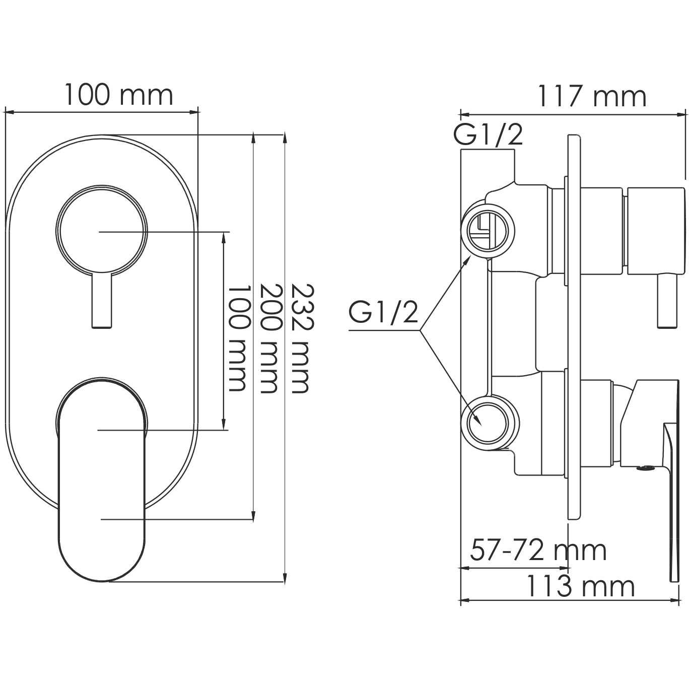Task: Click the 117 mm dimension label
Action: click(x=591, y=97)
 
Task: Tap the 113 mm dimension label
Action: click(x=580, y=586)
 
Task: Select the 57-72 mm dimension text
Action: click(x=538, y=550)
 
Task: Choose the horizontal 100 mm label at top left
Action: click(x=118, y=95)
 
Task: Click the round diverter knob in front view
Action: click(x=102, y=231)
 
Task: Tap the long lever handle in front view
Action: click(x=103, y=478)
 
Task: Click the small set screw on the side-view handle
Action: click(x=644, y=468)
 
